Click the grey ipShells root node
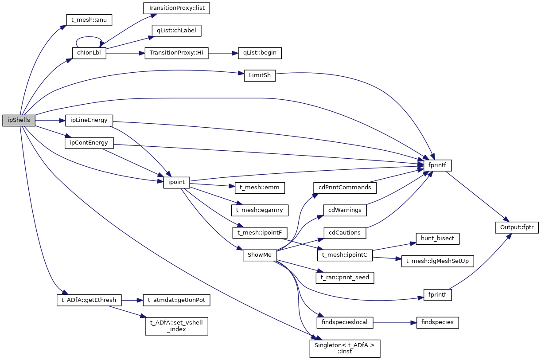(x=19, y=121)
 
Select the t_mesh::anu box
(x=89, y=20)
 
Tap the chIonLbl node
(x=89, y=53)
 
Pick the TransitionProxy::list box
(x=176, y=8)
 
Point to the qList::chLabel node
(x=176, y=31)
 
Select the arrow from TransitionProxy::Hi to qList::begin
(x=223, y=53)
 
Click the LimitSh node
(x=260, y=75)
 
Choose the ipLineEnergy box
(x=89, y=120)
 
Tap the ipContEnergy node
(x=89, y=143)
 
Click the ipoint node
(x=176, y=182)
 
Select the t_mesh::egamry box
(x=260, y=210)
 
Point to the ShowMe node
(x=260, y=255)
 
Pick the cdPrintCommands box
(x=345, y=188)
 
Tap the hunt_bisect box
(x=437, y=238)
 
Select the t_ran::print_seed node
(x=345, y=278)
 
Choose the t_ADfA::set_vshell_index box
(x=176, y=326)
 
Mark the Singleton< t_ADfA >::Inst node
(x=345, y=348)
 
